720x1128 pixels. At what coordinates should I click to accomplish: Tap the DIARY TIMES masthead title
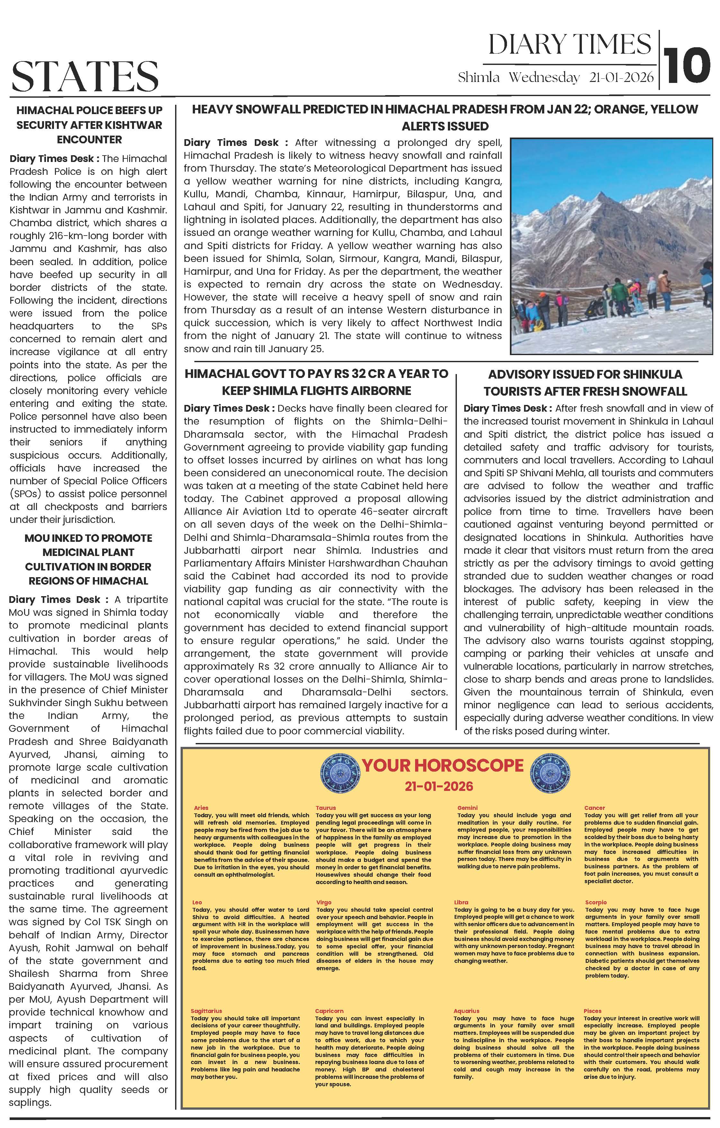pos(569,45)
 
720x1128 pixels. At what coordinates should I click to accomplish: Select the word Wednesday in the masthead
pos(544,78)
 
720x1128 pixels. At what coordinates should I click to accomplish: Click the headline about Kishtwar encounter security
pos(89,125)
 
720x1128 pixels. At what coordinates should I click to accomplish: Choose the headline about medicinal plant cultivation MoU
pos(89,559)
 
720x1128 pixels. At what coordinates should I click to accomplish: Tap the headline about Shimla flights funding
pos(316,382)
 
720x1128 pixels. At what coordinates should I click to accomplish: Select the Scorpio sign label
pos(595,902)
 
